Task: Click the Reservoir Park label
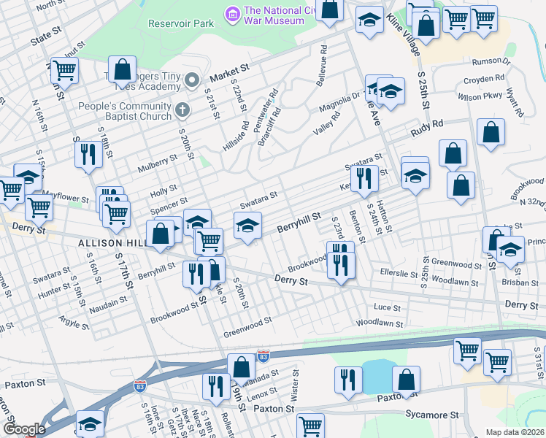181,23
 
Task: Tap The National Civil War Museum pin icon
232,13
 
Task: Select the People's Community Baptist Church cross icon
182,109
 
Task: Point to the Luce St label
387,308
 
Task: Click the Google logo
23,429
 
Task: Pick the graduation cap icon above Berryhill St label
247,226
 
